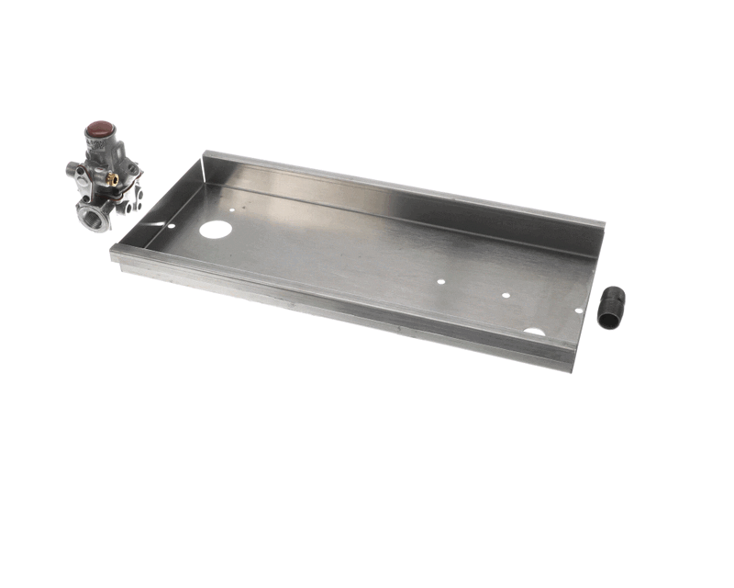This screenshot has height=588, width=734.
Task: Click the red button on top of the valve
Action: tap(100, 130)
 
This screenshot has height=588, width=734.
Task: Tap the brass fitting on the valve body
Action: tap(114, 180)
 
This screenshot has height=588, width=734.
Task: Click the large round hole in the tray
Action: tap(216, 229)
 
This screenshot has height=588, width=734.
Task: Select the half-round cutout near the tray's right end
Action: tap(534, 331)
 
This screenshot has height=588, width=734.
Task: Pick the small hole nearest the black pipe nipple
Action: tap(578, 311)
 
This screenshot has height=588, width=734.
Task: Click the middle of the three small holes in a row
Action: tap(506, 296)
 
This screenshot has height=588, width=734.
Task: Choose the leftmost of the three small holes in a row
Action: tap(441, 282)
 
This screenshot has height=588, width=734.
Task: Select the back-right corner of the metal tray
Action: tap(602, 223)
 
